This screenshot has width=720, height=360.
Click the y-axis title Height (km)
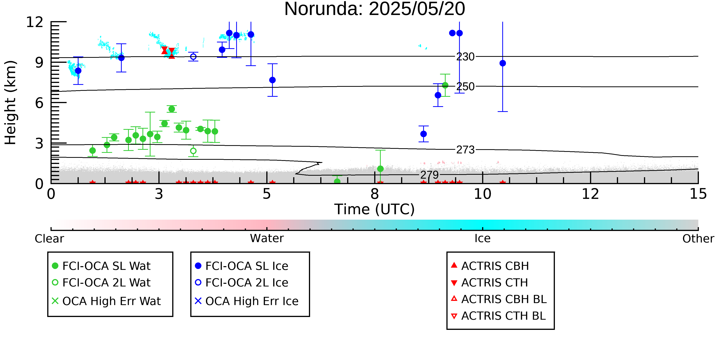click(11, 103)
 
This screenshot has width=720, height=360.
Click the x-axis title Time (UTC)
click(375, 209)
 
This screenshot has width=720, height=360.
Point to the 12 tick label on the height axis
click(35, 22)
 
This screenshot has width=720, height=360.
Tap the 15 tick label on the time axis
click(698, 194)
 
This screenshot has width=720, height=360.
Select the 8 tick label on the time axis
click(375, 194)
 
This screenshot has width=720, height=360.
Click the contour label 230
click(465, 57)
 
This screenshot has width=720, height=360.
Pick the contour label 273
click(465, 150)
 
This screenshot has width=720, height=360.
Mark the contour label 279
click(430, 175)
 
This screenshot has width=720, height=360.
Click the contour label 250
click(465, 87)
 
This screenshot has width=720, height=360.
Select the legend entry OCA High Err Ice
click(247, 301)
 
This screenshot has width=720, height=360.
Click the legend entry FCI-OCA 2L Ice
click(242, 283)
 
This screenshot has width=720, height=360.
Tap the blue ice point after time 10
click(502, 63)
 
